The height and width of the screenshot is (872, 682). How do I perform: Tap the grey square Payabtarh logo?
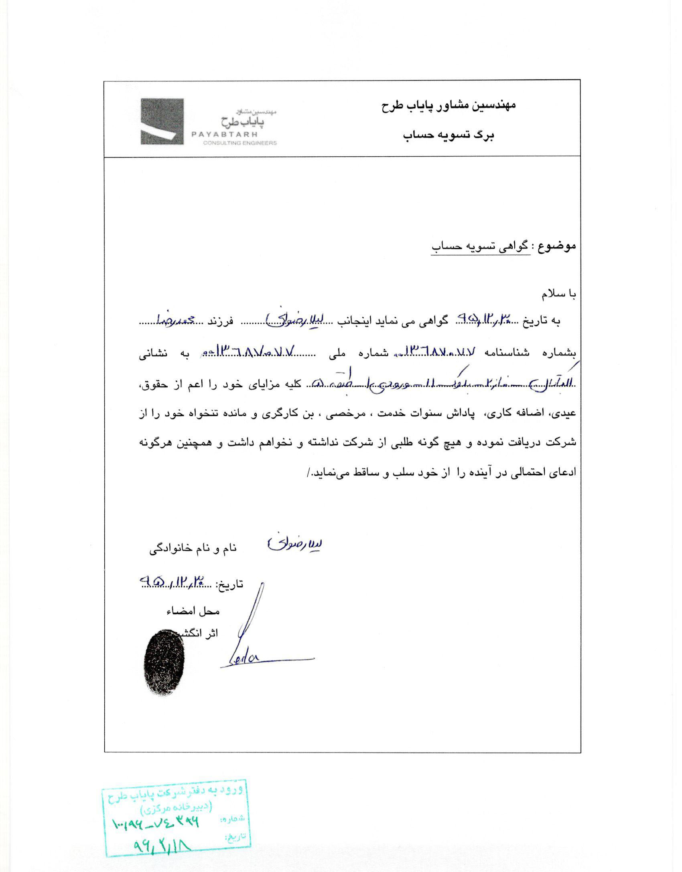(x=162, y=121)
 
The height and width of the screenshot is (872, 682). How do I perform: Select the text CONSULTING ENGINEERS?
(x=240, y=143)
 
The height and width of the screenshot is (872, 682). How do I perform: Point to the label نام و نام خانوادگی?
(x=193, y=550)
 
